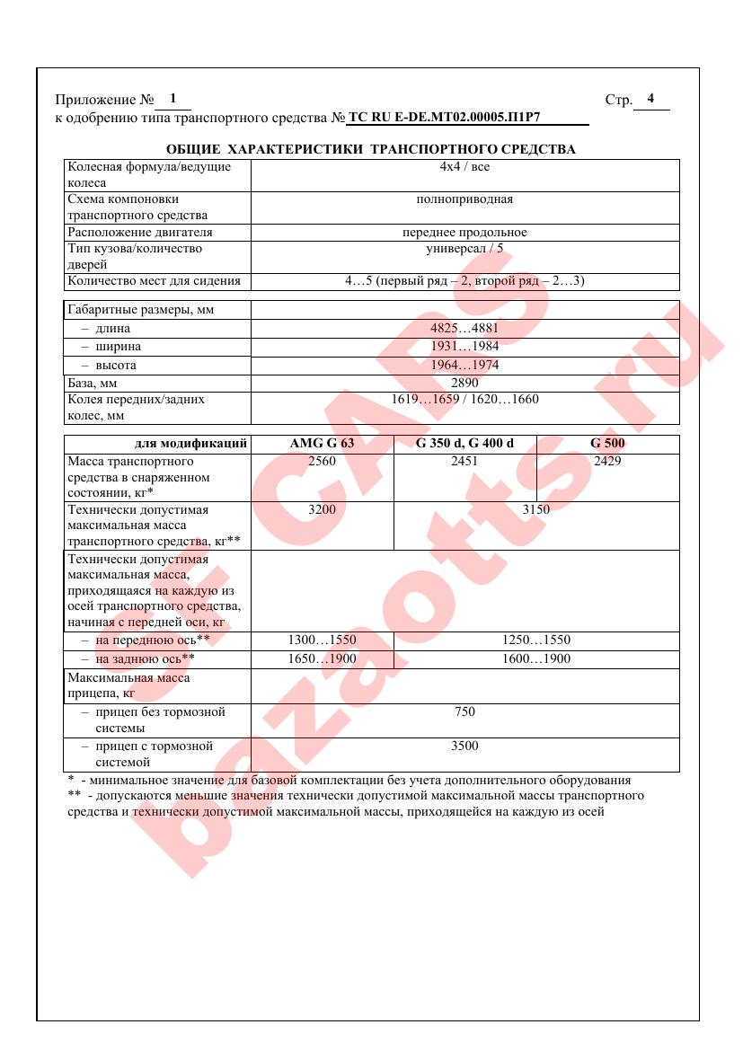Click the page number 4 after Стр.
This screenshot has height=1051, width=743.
pos(650,99)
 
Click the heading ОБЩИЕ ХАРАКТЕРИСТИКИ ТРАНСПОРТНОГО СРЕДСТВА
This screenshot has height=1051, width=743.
pos(371,149)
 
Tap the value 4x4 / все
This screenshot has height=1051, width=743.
pos(464,167)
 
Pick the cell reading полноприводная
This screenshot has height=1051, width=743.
pos(464,199)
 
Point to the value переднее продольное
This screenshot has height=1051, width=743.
pos(464,233)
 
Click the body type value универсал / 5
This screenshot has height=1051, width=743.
pos(464,249)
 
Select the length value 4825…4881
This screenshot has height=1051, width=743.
pos(464,329)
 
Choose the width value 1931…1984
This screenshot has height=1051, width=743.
pos(464,347)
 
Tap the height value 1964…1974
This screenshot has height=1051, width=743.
pos(464,366)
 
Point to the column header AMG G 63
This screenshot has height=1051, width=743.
pos(322,444)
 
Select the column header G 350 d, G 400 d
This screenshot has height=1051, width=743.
pos(464,444)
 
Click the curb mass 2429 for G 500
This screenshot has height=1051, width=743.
pos(607,461)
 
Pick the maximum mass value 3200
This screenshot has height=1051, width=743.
pos(322,509)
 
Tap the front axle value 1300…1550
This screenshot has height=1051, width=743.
pos(322,640)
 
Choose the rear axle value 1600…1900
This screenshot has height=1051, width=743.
pos(536,658)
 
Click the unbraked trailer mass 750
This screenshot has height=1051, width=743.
pos(464,712)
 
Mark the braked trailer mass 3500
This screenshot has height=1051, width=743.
pos(464,746)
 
